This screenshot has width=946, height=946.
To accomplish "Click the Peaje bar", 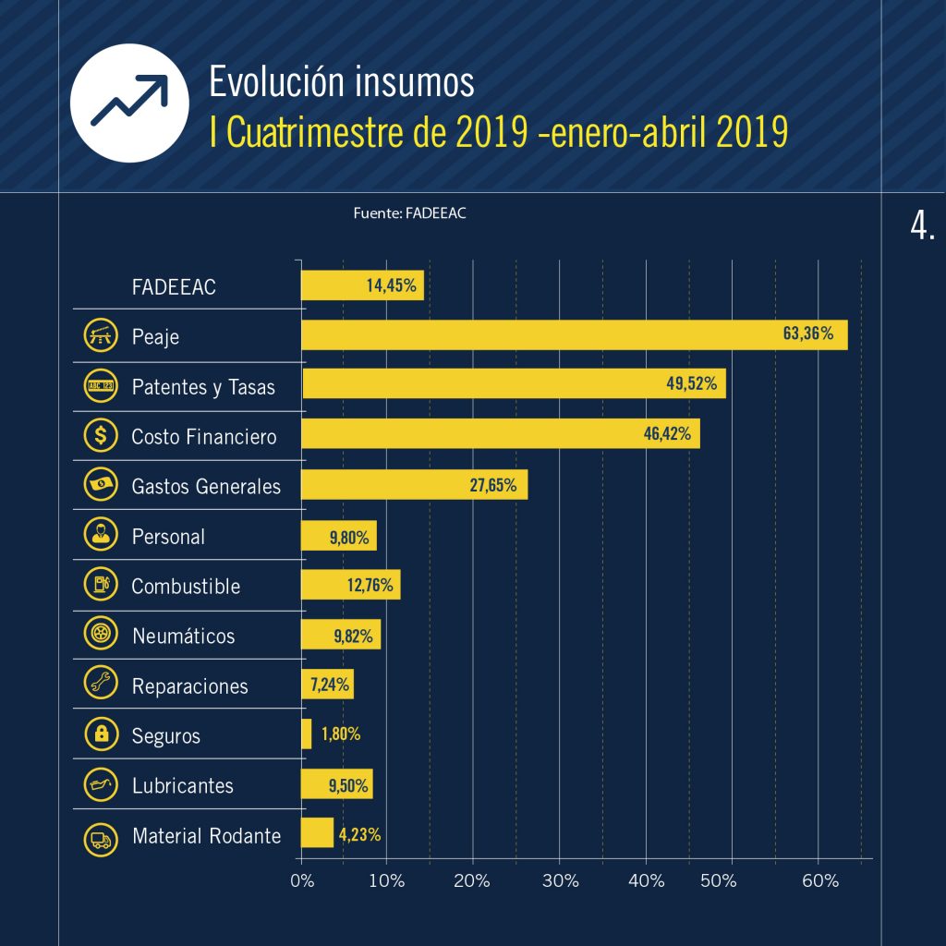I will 574,334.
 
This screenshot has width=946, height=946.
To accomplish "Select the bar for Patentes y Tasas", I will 514,383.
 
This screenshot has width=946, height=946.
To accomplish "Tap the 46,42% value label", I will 667,433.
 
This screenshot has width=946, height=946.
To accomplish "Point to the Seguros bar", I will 307,734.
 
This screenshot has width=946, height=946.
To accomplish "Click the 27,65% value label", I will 493,484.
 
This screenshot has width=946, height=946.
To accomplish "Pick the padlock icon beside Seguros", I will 100,734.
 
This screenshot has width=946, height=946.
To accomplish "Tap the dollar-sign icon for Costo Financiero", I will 100,434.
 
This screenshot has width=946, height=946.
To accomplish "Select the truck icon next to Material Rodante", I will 100,838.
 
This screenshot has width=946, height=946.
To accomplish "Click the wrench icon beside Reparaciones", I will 100,684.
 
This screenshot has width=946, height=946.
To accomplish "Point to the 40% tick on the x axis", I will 646,880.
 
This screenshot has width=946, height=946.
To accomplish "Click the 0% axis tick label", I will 302,880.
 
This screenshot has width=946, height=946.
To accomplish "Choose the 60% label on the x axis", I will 819,880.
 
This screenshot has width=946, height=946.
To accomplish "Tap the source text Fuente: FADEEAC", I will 409,213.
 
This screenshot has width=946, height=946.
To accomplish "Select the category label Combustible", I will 186,587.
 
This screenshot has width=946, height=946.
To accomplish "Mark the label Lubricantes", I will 183,786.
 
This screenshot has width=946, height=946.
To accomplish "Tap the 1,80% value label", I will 341,735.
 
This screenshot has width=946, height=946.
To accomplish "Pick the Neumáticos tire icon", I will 100,634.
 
